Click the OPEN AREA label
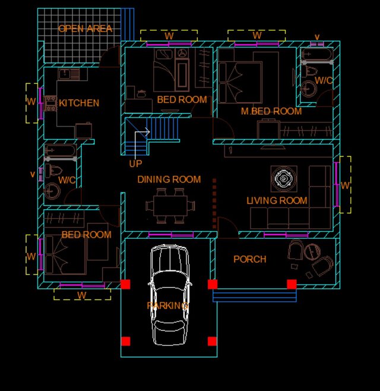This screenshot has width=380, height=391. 85,29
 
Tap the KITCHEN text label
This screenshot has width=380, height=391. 79,103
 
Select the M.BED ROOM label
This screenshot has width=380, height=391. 271,111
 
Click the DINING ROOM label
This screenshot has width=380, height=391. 169,179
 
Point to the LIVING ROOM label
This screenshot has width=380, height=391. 277,201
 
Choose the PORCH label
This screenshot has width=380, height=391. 249,259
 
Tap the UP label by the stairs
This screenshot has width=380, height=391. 135,163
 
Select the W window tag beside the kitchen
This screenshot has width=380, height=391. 31,102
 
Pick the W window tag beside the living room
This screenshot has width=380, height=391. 345,185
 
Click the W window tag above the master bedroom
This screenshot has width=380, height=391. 257,36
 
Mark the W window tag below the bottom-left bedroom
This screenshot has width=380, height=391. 82,295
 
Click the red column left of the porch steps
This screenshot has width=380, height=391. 213,284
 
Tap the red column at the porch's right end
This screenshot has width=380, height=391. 292,284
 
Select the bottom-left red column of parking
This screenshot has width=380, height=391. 126,341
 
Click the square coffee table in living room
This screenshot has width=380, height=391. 283,178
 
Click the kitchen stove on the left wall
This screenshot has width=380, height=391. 50,103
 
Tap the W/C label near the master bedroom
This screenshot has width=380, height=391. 324,80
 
